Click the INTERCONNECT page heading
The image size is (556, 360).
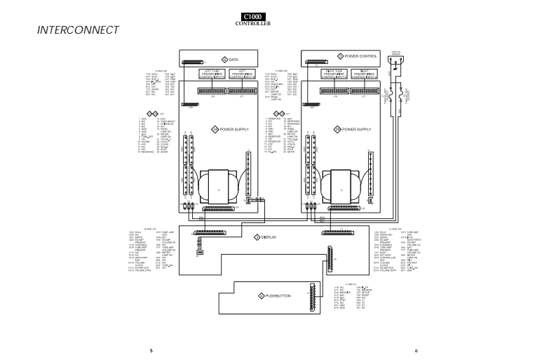[77, 31]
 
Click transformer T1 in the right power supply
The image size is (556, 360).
[341, 187]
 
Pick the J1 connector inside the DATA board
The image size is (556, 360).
[189, 62]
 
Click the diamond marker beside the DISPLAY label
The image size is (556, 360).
[257, 238]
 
